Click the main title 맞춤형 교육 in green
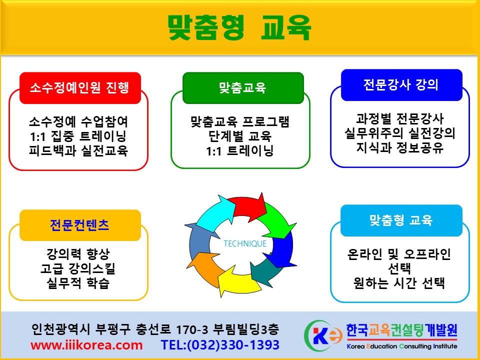[239, 27]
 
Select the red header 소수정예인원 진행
[80, 88]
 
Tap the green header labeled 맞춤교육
[243, 88]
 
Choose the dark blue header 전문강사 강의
[401, 85]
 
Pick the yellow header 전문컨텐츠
[80, 225]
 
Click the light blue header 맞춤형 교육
[401, 220]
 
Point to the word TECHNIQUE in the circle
[245, 243]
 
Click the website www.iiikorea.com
[86, 345]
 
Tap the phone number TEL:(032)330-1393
[220, 345]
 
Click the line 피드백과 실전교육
[78, 150]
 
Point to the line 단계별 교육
[240, 136]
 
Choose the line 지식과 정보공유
[400, 147]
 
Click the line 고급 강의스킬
[78, 268]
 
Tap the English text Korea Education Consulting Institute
[402, 346]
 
